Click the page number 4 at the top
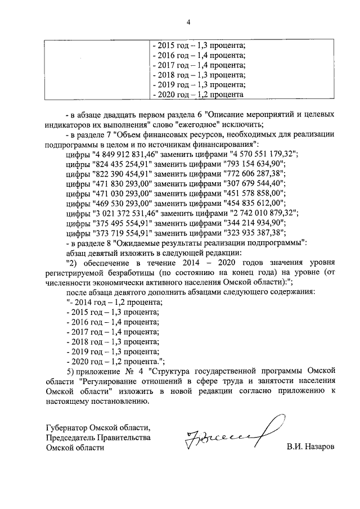[188, 22]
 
